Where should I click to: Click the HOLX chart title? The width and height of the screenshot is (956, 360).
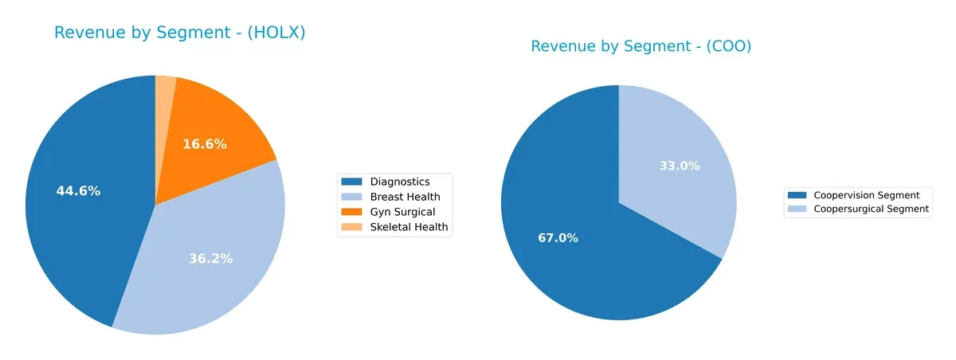179,33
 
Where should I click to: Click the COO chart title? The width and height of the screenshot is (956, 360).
641,46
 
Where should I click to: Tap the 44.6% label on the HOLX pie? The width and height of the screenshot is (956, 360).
78,191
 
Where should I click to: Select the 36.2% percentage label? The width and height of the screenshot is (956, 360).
210,259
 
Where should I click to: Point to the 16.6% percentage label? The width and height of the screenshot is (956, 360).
205,144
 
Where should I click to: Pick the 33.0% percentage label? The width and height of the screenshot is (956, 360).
680,166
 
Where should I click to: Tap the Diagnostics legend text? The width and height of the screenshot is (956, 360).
399,182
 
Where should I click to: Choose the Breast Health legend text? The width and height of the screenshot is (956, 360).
405,197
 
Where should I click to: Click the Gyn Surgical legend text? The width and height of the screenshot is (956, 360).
402,212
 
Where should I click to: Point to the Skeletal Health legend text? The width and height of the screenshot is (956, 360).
409,227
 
